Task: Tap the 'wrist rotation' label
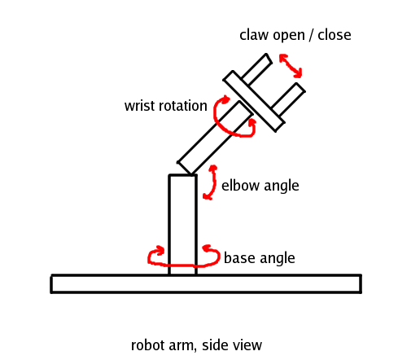(x=166, y=107)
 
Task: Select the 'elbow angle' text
(x=260, y=186)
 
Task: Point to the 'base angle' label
(x=259, y=258)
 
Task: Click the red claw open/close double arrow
(x=291, y=68)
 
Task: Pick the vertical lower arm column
(x=182, y=224)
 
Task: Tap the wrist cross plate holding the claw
(x=254, y=101)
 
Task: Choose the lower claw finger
(x=287, y=99)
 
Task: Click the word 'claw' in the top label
(x=253, y=35)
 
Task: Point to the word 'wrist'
(x=139, y=107)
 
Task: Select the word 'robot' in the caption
(x=148, y=345)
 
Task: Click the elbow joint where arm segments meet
(x=186, y=170)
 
